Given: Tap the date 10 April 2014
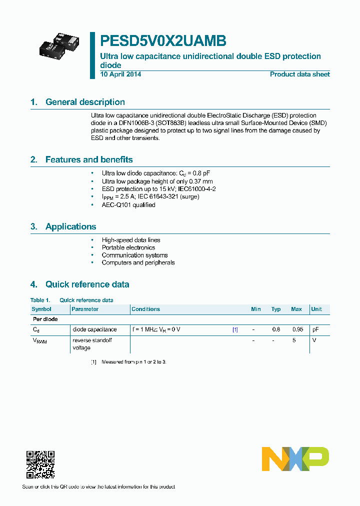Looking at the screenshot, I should (x=120, y=74).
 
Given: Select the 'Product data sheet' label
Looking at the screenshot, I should (x=299, y=74).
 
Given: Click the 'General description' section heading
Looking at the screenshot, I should (x=85, y=102).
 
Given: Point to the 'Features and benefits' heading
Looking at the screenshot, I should (x=89, y=159).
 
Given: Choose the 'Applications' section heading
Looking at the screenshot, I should (x=70, y=226).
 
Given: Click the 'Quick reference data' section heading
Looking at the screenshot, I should (x=87, y=284).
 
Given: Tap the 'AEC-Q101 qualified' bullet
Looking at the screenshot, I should (x=128, y=204).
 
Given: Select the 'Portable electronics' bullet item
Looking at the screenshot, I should (x=128, y=247).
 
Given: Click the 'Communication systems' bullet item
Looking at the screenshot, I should (x=134, y=255).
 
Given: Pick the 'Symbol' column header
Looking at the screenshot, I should (x=41, y=309).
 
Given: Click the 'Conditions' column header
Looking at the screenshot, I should (x=145, y=309).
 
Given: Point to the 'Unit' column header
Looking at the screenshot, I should (x=316, y=309).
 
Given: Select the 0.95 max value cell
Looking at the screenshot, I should (x=296, y=329).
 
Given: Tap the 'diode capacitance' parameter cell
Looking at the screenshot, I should (x=94, y=329).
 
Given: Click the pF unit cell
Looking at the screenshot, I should (x=315, y=329).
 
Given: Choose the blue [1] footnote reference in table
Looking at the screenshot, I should (x=235, y=329).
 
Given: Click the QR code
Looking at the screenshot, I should (x=40, y=464).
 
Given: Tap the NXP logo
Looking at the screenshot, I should (x=295, y=458).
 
